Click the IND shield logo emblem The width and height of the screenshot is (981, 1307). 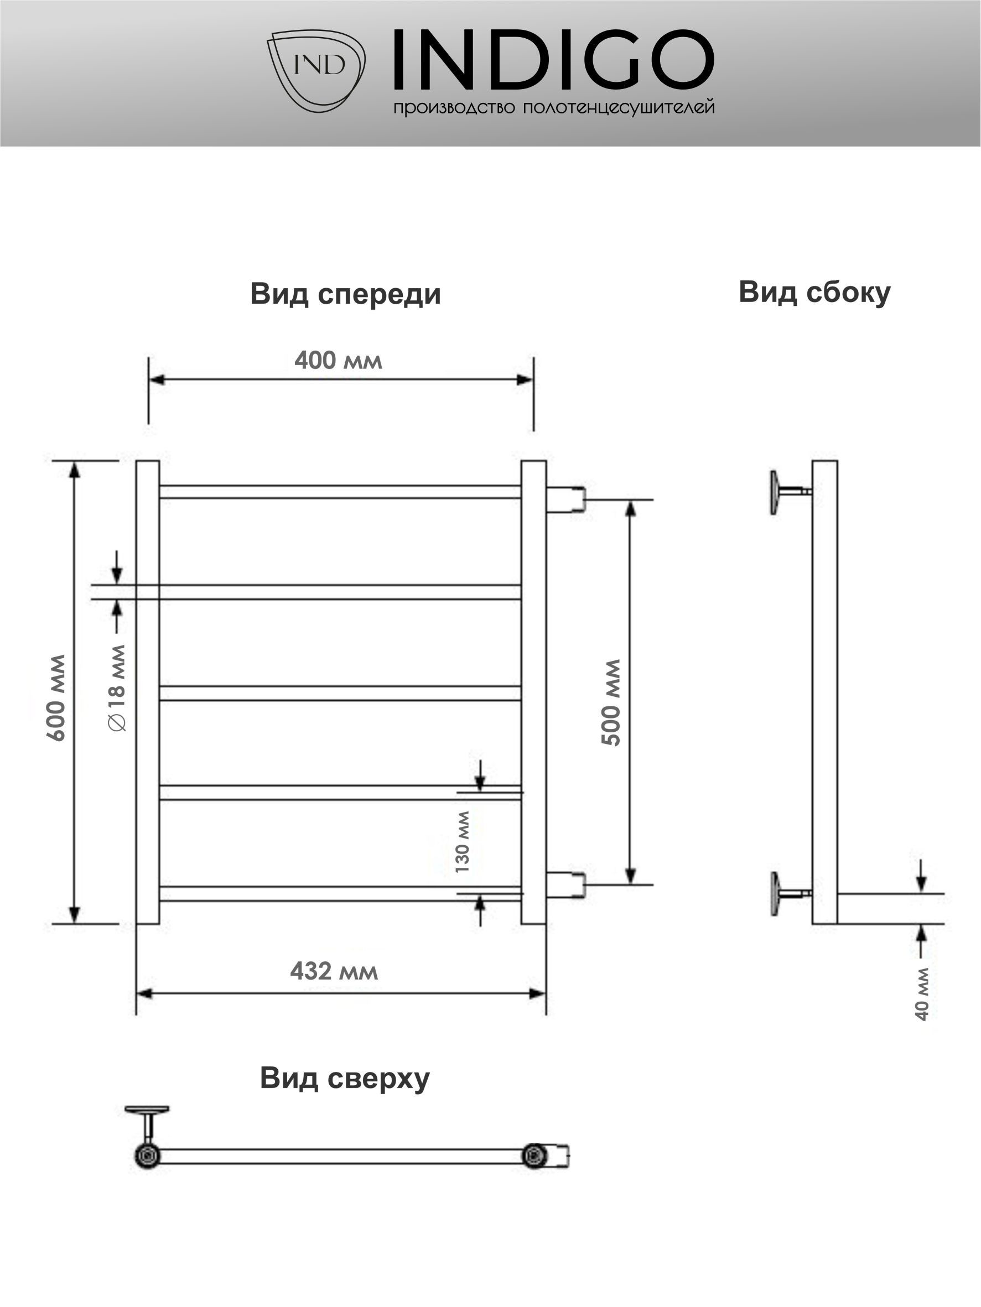(315, 70)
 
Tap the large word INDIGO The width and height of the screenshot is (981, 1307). (554, 59)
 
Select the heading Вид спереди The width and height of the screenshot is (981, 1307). (346, 294)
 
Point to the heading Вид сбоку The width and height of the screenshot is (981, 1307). (814, 293)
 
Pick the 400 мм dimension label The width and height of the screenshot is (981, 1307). (339, 361)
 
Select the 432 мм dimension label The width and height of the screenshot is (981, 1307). (334, 971)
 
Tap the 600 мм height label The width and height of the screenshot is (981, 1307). (57, 697)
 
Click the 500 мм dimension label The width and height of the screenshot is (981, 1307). (611, 702)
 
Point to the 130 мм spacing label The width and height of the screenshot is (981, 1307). (462, 842)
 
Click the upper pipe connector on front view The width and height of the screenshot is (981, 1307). (566, 499)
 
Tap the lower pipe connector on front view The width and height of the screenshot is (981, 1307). (566, 884)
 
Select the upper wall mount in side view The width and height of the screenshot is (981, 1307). (790, 492)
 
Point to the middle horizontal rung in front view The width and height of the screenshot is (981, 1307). (340, 693)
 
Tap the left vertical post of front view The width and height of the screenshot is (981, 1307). (148, 692)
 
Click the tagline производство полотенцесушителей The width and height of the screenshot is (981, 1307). (554, 107)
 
